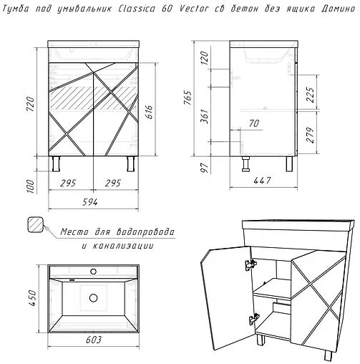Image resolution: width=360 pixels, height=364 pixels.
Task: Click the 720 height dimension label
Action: [31, 104]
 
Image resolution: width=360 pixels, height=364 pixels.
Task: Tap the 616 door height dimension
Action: [148, 112]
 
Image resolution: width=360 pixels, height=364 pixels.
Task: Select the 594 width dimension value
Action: [90, 202]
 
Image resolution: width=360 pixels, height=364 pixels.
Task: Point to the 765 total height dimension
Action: [188, 97]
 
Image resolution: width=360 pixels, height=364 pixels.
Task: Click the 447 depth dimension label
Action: [262, 181]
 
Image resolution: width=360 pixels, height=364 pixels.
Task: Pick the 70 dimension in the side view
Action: [254, 123]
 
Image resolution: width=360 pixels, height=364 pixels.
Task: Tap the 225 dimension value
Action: [310, 95]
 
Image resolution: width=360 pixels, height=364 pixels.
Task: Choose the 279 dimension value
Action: [310, 135]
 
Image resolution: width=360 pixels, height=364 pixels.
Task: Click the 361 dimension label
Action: [205, 116]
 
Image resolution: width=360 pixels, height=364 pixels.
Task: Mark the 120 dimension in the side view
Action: [205, 58]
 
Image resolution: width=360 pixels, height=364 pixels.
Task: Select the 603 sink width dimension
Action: [94, 340]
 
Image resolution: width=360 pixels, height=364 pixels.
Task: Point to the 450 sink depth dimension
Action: [31, 298]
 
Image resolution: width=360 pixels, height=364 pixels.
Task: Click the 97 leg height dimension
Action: [205, 168]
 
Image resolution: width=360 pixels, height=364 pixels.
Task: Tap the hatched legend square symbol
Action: [36, 224]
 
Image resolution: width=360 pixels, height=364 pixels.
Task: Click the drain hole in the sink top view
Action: [94, 297]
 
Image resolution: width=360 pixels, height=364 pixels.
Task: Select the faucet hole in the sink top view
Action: [94, 272]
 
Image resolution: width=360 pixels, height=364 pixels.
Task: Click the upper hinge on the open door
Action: [250, 264]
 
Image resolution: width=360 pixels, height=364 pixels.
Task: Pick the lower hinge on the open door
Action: [254, 319]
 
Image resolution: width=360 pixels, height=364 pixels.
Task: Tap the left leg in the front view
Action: [57, 164]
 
